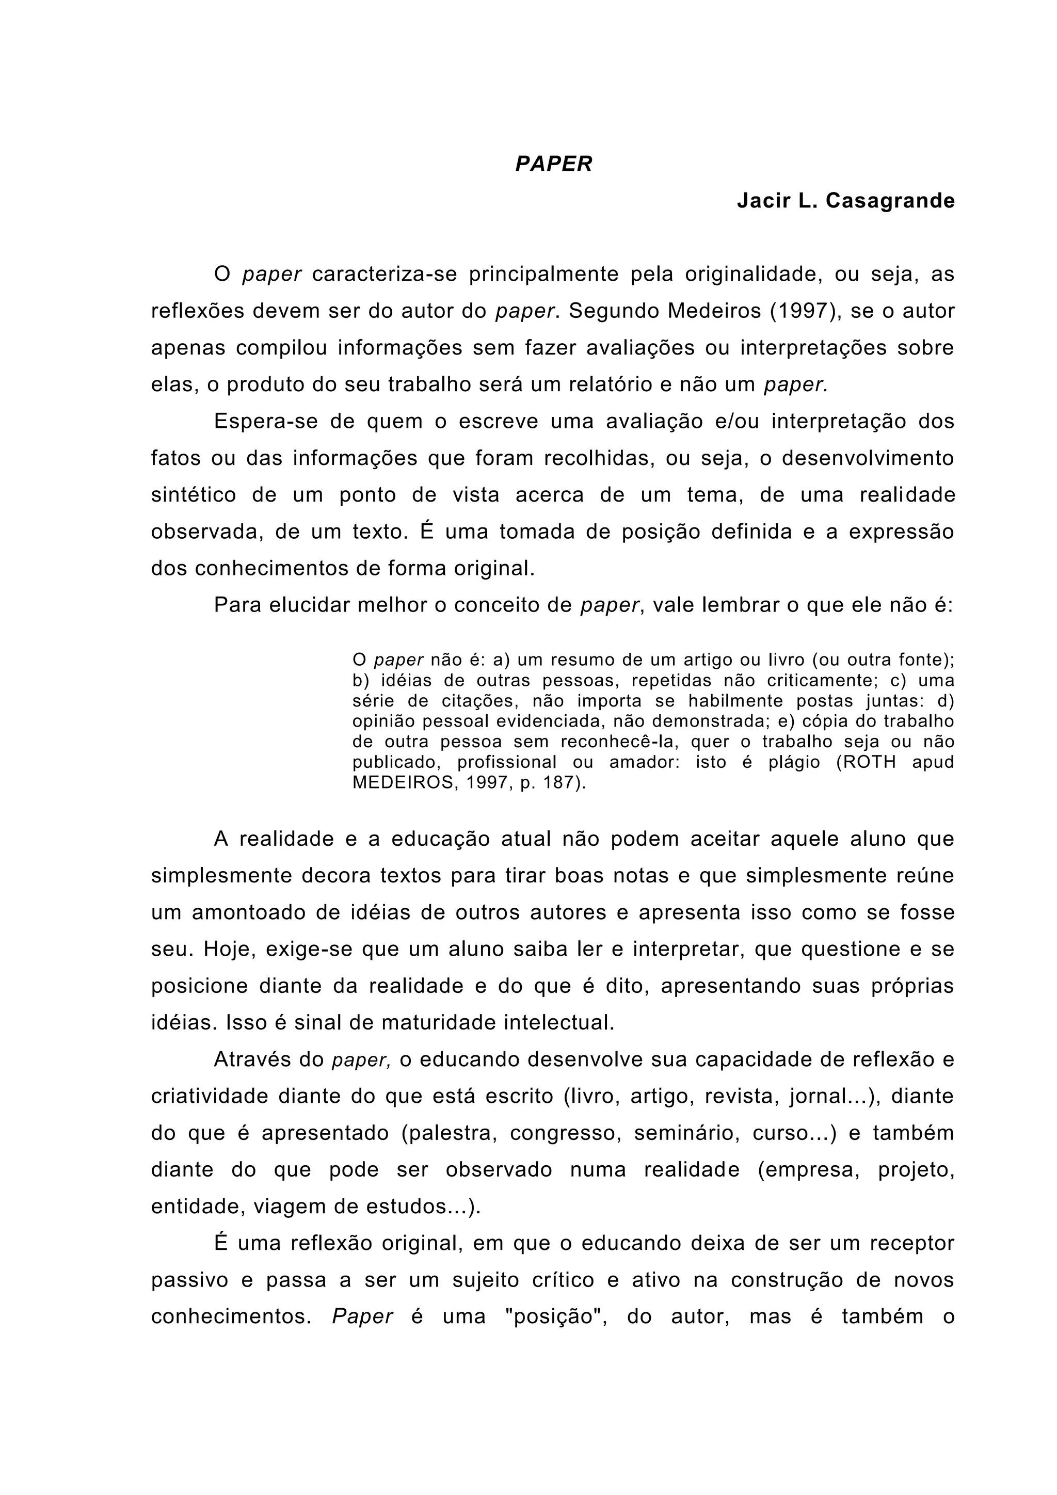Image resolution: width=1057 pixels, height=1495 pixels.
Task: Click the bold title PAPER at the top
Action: [554, 164]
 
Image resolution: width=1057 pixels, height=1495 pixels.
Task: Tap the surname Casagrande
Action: [890, 201]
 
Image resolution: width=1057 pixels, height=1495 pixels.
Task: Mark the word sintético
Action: [194, 495]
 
